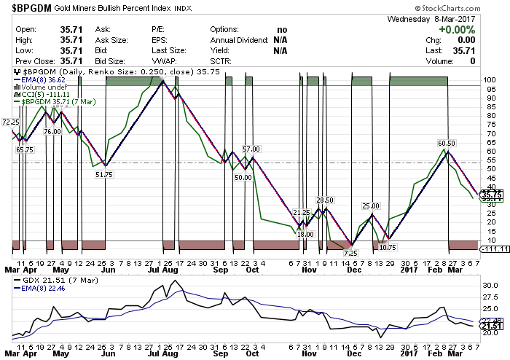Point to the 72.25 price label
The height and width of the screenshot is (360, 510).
point(10,122)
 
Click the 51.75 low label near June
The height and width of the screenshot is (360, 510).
point(104,175)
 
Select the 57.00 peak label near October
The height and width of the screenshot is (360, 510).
point(251,149)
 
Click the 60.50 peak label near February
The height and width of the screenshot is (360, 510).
point(447,143)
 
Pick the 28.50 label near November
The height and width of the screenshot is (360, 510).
point(324,200)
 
